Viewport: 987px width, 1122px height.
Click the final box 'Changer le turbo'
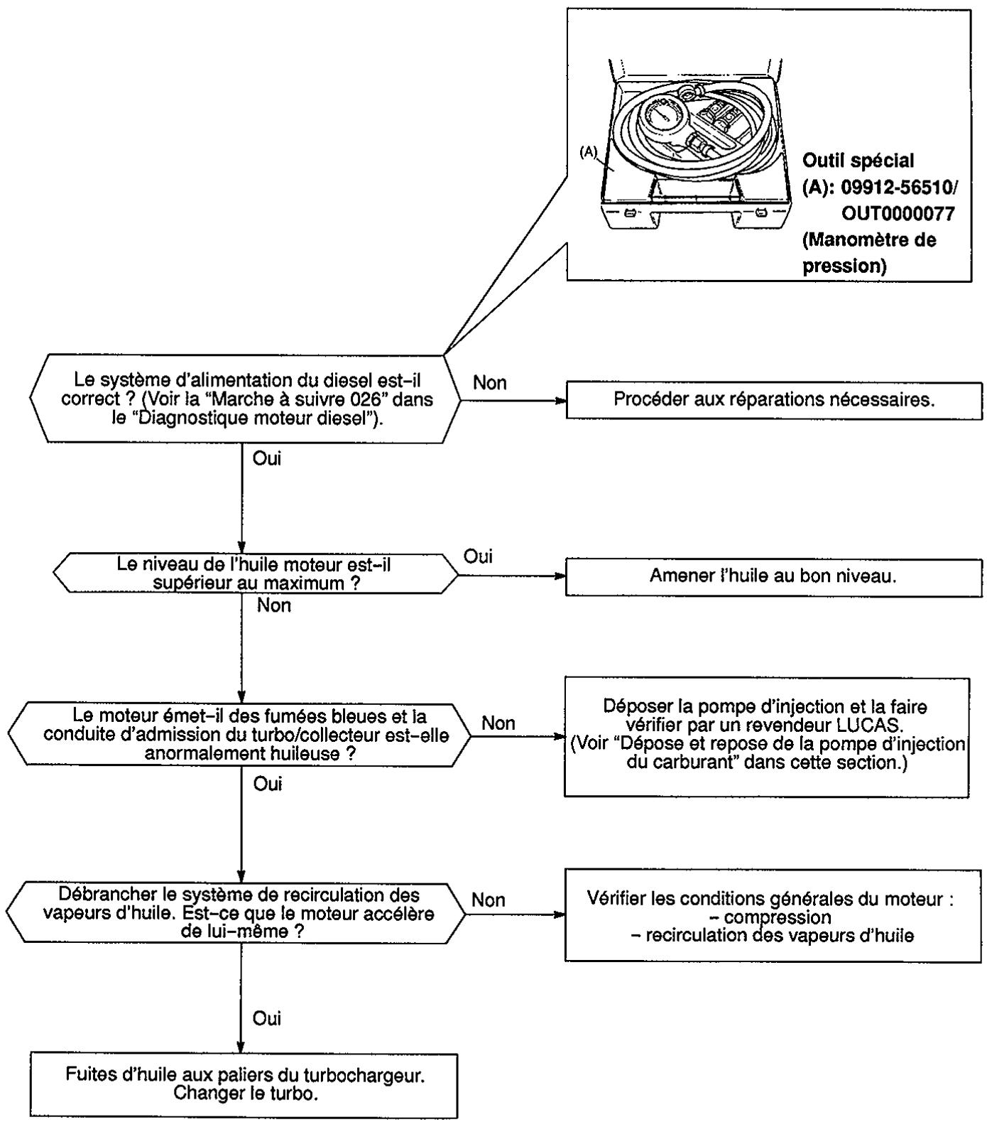(x=244, y=1086)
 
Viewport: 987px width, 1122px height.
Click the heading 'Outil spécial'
(x=858, y=161)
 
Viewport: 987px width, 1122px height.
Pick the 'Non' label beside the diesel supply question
(x=490, y=383)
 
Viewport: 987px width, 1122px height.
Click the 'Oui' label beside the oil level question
(x=478, y=556)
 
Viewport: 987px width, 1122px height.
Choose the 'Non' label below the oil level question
(x=274, y=606)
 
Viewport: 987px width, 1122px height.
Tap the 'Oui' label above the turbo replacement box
(x=267, y=1018)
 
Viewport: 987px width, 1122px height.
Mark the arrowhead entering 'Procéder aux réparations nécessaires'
(x=560, y=400)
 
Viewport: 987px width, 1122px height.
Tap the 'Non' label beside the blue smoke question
(x=498, y=723)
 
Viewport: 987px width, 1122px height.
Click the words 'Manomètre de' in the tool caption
(x=869, y=240)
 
